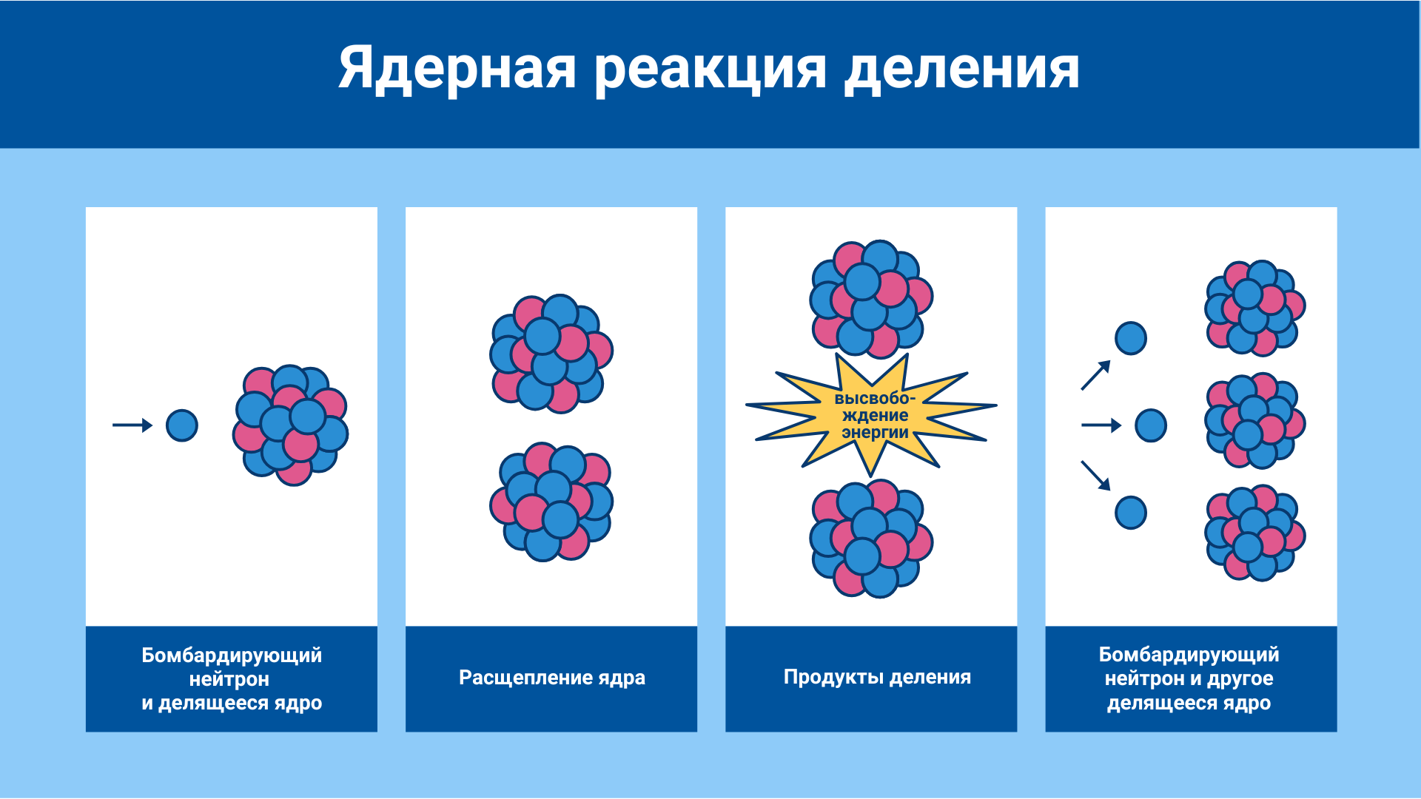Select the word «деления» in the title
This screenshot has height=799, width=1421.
pyautogui.click(x=962, y=70)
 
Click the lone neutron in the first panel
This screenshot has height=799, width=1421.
pyautogui.click(x=182, y=425)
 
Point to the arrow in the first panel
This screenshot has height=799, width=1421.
pyautogui.click(x=132, y=425)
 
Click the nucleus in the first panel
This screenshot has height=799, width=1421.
pyautogui.click(x=291, y=425)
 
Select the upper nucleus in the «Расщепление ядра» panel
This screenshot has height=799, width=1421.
pyautogui.click(x=551, y=354)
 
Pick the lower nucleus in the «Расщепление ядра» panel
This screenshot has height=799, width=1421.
pyautogui.click(x=551, y=502)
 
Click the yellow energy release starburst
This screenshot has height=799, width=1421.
pyautogui.click(x=872, y=414)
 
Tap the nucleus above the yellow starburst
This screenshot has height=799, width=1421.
pyautogui.click(x=871, y=299)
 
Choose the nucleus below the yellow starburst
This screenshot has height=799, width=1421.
pyautogui.click(x=871, y=539)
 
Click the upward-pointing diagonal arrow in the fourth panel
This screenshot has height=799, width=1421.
pyautogui.click(x=1096, y=375)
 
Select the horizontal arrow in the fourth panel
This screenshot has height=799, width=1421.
pyautogui.click(x=1101, y=425)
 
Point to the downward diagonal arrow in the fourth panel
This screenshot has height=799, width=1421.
pyautogui.click(x=1096, y=476)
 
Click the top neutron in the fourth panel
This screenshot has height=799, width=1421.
pyautogui.click(x=1131, y=338)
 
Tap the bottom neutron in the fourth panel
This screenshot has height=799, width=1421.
pyautogui.click(x=1131, y=513)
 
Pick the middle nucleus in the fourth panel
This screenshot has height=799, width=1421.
pyautogui.click(x=1255, y=421)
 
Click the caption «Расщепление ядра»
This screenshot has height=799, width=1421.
pyautogui.click(x=552, y=678)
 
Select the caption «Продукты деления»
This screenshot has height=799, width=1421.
pyautogui.click(x=877, y=678)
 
